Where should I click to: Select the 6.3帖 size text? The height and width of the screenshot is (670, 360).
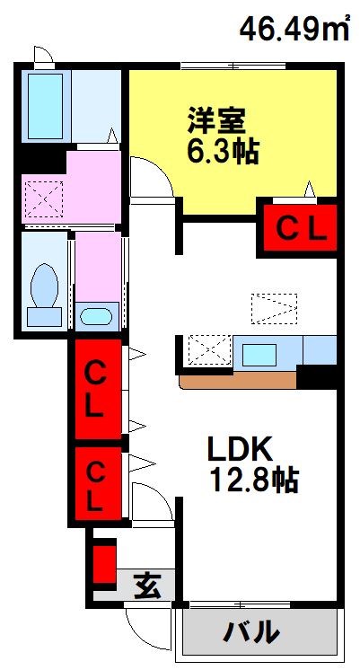click(223, 150)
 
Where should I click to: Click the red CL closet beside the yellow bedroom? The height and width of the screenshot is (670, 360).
click(299, 229)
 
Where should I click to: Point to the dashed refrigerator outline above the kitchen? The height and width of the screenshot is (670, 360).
click(273, 307)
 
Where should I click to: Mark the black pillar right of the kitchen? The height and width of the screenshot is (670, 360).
click(316, 375)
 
